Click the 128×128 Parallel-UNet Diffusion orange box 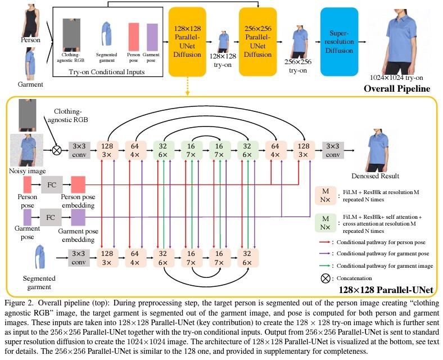tap(189, 42)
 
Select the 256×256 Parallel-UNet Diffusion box tap(259, 42)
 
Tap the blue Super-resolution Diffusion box tap(339, 42)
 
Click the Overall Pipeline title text tap(397, 88)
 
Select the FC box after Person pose tap(51, 184)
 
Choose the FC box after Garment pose tap(51, 216)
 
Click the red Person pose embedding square tap(78, 184)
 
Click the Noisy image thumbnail tap(26, 150)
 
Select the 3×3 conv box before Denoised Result tap(333, 150)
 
